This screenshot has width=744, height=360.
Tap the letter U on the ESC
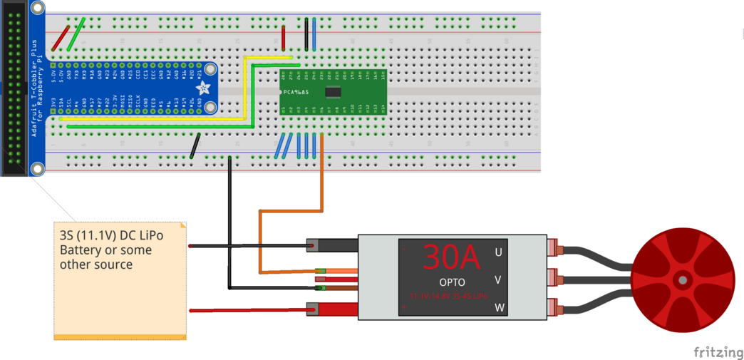click(498, 252)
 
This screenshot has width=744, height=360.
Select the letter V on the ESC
click(498, 280)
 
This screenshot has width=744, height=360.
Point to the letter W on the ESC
click(498, 307)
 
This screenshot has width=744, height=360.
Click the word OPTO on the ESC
click(452, 283)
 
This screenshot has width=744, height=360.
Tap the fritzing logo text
click(718, 351)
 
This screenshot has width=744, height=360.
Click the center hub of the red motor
click(682, 279)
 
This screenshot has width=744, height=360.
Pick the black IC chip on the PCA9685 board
click(333, 91)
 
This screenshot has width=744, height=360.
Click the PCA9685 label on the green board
click(296, 92)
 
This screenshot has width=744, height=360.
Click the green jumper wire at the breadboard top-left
click(77, 34)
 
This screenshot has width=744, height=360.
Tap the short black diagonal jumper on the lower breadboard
click(194, 145)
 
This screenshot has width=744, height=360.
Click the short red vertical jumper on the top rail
click(284, 37)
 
